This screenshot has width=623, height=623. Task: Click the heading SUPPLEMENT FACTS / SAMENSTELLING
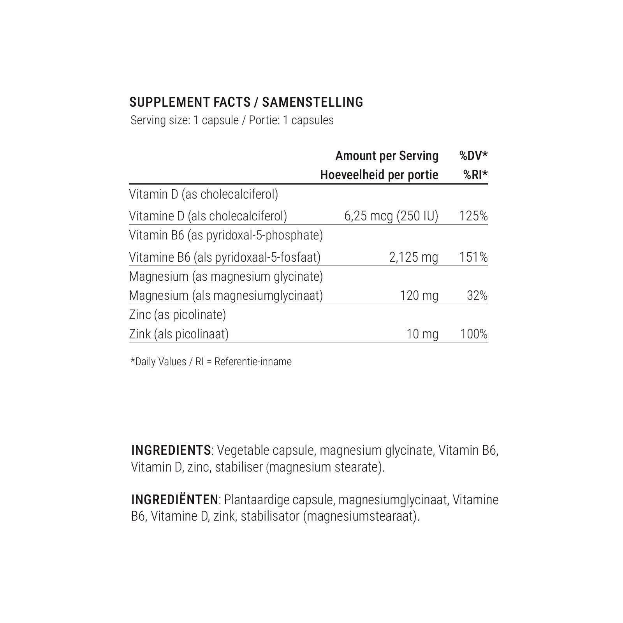click(x=246, y=102)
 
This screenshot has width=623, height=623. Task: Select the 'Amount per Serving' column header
click(x=387, y=156)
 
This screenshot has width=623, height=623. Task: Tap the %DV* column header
click(x=473, y=156)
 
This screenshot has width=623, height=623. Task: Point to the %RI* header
click(x=475, y=175)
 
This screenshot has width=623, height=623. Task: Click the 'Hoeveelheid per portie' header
click(x=379, y=175)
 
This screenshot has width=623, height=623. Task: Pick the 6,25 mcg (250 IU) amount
click(x=391, y=216)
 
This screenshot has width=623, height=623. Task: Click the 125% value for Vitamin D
click(x=473, y=216)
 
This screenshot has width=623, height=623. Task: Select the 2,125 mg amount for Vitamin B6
click(x=414, y=257)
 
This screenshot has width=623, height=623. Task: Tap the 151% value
click(x=473, y=257)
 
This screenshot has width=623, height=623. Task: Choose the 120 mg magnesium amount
click(x=419, y=296)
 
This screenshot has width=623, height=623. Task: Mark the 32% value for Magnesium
click(x=477, y=296)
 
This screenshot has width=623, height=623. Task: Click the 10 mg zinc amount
click(x=422, y=334)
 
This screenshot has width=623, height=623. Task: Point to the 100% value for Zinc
click(x=473, y=334)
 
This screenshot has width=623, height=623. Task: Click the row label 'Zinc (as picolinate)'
click(x=178, y=315)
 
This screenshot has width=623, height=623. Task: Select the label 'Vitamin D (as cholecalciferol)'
click(x=204, y=194)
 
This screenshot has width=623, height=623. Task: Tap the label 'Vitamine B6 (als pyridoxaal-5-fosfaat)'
click(x=225, y=257)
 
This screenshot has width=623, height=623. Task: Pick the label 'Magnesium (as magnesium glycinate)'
click(x=226, y=276)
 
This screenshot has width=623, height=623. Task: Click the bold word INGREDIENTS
click(x=171, y=451)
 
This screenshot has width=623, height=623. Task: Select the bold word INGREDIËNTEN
click(x=174, y=500)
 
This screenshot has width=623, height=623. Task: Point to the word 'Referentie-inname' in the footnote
click(x=253, y=362)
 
